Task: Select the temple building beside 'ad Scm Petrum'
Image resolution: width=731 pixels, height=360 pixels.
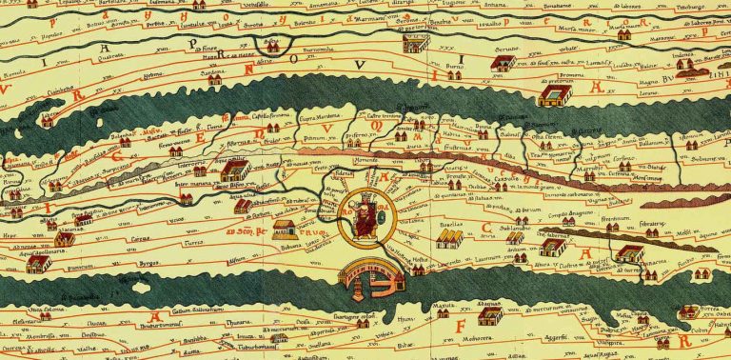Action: (x=284, y=229)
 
